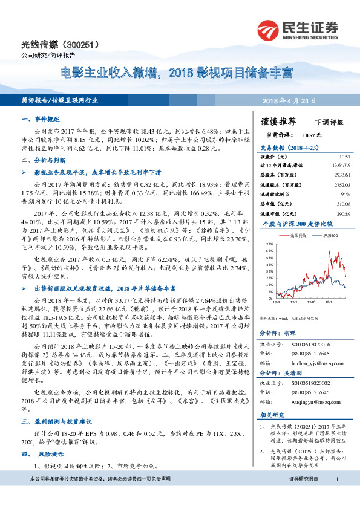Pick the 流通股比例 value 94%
click(x=345, y=194)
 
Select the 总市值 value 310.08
click(x=342, y=204)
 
